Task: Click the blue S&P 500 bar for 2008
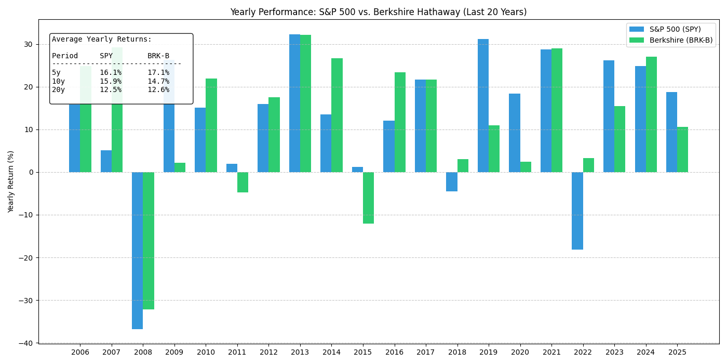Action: point(137,250)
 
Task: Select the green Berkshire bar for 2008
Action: point(149,240)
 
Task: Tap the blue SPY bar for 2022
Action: point(577,211)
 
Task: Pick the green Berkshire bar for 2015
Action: point(368,198)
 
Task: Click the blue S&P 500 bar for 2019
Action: point(483,106)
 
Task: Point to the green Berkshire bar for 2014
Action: point(337,115)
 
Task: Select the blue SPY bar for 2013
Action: point(294,103)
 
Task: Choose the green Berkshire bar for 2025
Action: point(682,149)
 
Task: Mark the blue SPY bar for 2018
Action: point(452,181)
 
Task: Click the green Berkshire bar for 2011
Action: point(243,182)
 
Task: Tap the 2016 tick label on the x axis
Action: point(394,353)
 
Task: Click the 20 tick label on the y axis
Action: point(28,87)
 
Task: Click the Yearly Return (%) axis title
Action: point(11,181)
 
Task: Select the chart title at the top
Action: point(378,12)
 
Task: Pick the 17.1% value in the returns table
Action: point(158,73)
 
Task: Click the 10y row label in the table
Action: point(58,82)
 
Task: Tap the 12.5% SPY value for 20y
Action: point(110,90)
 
